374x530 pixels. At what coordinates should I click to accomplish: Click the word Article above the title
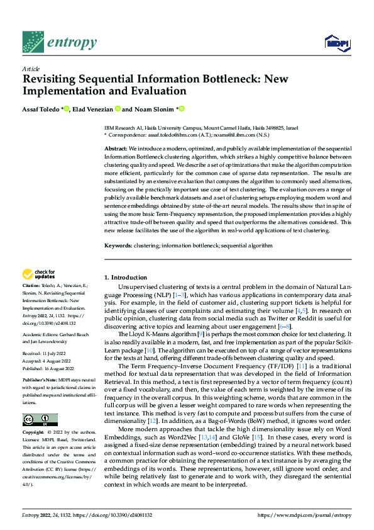pos(30,69)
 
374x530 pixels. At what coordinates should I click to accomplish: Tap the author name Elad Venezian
pos(96,110)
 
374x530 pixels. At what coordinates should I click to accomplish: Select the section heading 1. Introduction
pos(125,277)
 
